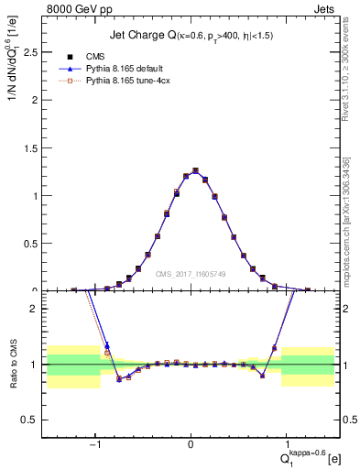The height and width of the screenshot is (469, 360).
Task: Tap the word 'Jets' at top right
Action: [x=326, y=8]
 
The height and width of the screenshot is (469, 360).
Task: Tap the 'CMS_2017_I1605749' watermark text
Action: [x=191, y=273]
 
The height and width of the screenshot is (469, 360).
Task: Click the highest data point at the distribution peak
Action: [x=195, y=170]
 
